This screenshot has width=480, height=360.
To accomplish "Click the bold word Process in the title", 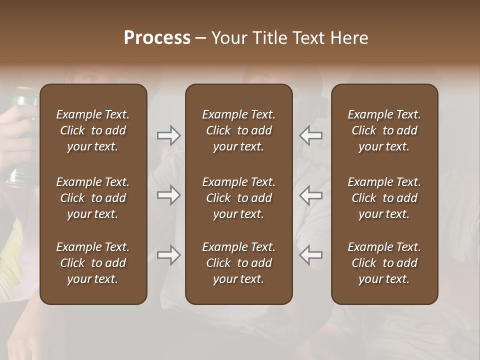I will [157, 38].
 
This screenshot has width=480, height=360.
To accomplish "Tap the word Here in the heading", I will [349, 38].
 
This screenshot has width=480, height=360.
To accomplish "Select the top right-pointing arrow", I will [168, 135].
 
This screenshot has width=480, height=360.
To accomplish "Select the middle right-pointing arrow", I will [168, 195].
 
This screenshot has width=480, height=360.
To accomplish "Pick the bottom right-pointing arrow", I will [168, 255].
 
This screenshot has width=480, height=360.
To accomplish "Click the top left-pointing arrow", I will [311, 135].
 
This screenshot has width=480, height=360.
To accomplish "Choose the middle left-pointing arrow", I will [311, 195].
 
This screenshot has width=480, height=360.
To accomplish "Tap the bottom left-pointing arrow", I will [311, 255].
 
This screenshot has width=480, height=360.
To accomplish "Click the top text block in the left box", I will [93, 130].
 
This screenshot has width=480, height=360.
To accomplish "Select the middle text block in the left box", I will [93, 198].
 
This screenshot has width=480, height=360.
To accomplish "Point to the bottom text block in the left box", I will [93, 263].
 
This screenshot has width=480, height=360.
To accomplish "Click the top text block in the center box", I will [238, 130].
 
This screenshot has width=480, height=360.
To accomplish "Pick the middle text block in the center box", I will [238, 198].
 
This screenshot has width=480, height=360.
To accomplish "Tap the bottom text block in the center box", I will [238, 263].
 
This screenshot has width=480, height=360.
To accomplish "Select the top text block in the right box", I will [384, 130].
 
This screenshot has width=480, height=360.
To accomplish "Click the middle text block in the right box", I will [384, 198].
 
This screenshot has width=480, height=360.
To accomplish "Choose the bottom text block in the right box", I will [384, 263].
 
